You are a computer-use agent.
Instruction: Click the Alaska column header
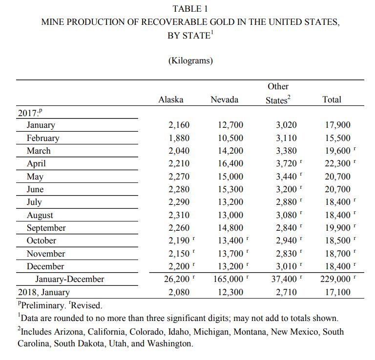click(x=171, y=100)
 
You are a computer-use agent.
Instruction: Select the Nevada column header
click(x=224, y=100)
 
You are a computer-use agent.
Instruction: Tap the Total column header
click(x=332, y=100)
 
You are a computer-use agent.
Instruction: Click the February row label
click(x=43, y=138)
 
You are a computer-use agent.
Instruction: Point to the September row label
click(x=46, y=228)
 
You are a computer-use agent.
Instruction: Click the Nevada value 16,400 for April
click(x=230, y=164)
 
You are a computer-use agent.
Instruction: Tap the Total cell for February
click(x=338, y=138)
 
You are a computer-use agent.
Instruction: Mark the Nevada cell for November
click(x=230, y=254)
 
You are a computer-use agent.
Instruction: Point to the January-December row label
click(x=69, y=280)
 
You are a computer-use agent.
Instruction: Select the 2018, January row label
click(x=43, y=293)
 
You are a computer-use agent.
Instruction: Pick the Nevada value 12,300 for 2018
click(x=230, y=293)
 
